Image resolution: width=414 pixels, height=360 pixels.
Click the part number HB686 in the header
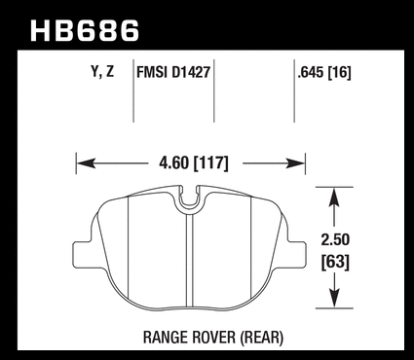(x=85, y=30)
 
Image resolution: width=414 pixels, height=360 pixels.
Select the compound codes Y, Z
(x=102, y=72)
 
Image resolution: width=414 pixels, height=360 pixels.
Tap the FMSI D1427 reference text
(x=173, y=72)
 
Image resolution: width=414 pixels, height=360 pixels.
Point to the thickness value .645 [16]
(x=324, y=72)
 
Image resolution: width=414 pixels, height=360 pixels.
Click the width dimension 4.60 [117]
(x=194, y=162)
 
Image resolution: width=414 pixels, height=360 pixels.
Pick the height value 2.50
(x=335, y=240)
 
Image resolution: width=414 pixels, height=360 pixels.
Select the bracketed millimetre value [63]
(x=335, y=262)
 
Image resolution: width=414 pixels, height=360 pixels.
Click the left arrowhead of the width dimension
(x=86, y=163)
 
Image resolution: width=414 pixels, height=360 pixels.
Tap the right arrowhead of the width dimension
(x=295, y=163)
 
